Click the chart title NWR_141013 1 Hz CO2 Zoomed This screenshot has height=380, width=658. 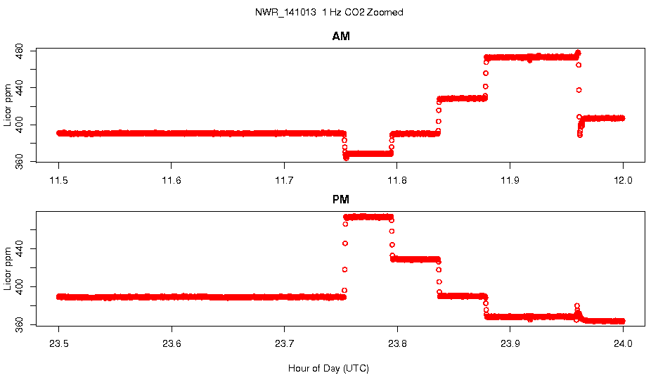click(329, 13)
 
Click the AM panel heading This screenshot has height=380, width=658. click(341, 37)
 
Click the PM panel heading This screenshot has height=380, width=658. click(341, 199)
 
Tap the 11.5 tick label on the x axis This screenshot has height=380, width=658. click(59, 180)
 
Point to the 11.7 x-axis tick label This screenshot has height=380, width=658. click(284, 180)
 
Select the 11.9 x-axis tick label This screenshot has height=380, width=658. click(510, 180)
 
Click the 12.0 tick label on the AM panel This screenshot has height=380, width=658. click(623, 180)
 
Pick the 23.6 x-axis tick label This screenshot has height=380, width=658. click(172, 343)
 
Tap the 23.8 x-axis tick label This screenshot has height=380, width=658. click(397, 343)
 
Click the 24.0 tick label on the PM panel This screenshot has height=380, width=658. click(623, 343)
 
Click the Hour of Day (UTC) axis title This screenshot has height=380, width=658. click(328, 368)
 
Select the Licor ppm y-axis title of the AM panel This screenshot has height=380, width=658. click(8, 106)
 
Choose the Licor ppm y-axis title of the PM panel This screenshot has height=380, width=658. click(8, 268)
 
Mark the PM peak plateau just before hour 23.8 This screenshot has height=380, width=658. click(369, 217)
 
